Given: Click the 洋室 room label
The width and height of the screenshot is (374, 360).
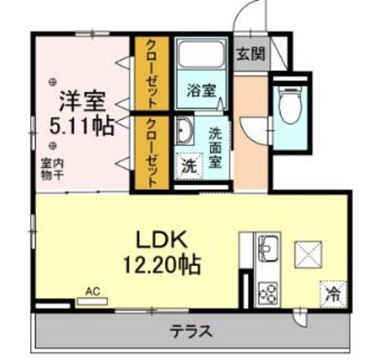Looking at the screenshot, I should click(82, 100).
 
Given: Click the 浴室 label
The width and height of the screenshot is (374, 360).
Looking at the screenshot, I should click(201, 90).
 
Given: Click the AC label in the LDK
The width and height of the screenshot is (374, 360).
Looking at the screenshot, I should click(93, 290).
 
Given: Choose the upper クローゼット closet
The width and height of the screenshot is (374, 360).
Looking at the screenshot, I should click(150, 73).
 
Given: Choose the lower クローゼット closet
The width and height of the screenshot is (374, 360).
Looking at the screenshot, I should click(150, 153).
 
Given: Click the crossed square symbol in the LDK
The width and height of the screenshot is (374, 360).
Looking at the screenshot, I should click(309, 254).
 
